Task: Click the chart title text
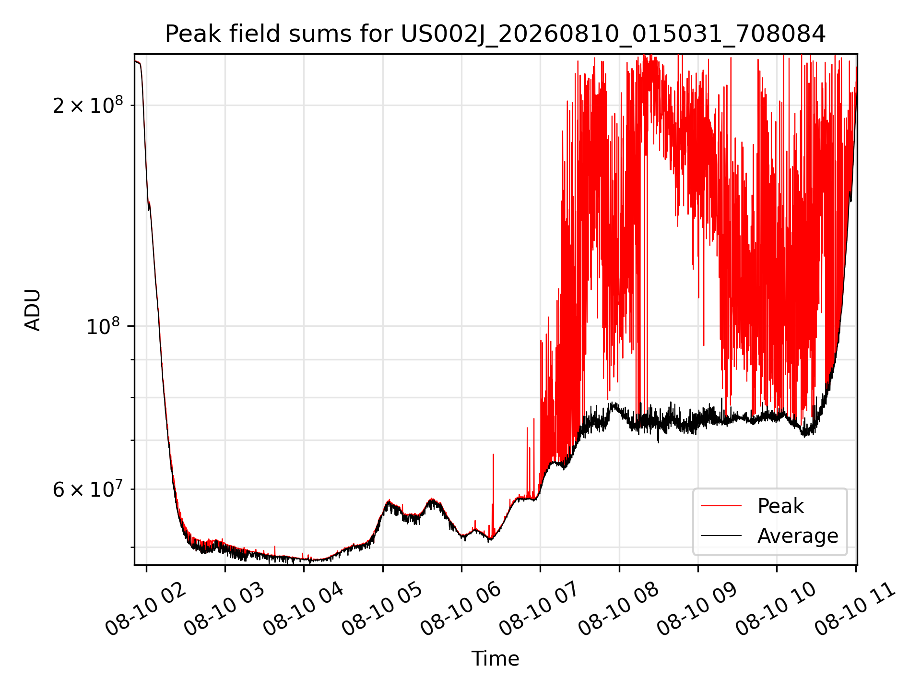point(495,34)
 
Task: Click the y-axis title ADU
point(33,310)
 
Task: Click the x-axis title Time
point(495,658)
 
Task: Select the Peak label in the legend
point(780,506)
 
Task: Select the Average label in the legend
point(798,536)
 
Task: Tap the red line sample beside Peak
point(721,506)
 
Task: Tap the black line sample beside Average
point(721,536)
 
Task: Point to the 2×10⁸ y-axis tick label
point(88,105)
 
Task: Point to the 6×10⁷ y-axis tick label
point(88,489)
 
